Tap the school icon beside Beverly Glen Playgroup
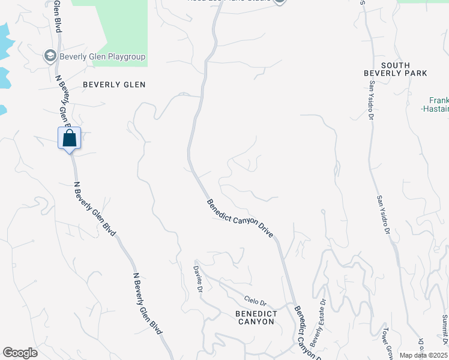coord(50,57)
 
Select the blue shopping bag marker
coord(69,138)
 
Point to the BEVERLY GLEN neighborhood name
coord(114,85)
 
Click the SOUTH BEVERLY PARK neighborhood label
coord(395,69)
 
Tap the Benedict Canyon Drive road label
coord(240,218)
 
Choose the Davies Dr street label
coord(197,279)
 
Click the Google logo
coord(20,353)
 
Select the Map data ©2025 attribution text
coord(423,355)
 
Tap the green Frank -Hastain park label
coord(438,104)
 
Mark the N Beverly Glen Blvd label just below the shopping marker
coord(94,208)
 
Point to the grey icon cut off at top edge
coord(280,2)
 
